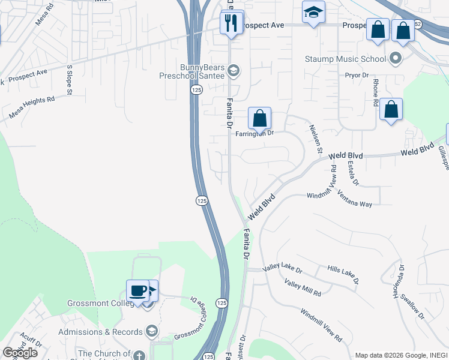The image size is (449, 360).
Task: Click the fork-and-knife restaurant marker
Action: pyautogui.click(x=229, y=24)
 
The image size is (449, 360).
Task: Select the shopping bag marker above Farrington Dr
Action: pyautogui.click(x=259, y=118)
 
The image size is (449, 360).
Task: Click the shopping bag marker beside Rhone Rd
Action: pyautogui.click(x=391, y=110)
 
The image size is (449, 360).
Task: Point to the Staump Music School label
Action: pyautogui.click(x=345, y=59)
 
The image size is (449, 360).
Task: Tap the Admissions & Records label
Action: pyautogui.click(x=101, y=332)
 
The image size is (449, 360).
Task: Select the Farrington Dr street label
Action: pyautogui.click(x=254, y=133)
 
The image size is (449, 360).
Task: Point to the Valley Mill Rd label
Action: pyautogui.click(x=303, y=289)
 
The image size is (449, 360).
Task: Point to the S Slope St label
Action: pyautogui.click(x=70, y=80)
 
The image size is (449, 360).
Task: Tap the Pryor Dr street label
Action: pyautogui.click(x=356, y=75)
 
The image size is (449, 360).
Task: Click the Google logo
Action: pyautogui.click(x=20, y=352)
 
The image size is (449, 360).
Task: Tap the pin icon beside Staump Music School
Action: pyautogui.click(x=395, y=59)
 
